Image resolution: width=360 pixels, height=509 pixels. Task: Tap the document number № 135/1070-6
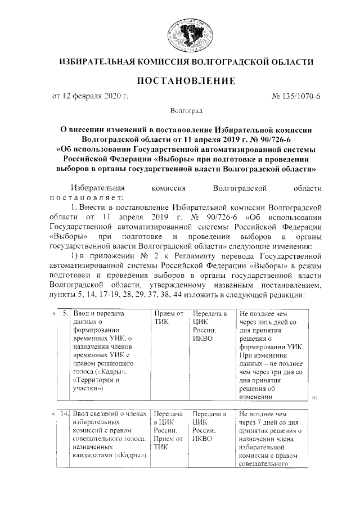tap(295, 97)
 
